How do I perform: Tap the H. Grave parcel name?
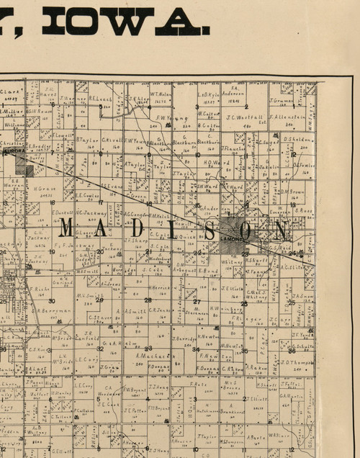coord(44,189)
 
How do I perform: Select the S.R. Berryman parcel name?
coord(53,311)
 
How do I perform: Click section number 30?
coord(52,300)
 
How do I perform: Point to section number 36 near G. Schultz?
coord(291,351)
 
